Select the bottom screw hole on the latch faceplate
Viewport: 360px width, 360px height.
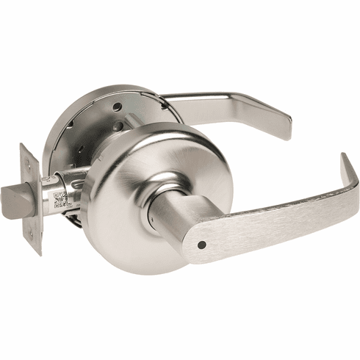(x=32, y=234)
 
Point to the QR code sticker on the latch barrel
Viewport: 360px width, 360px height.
(x=61, y=198)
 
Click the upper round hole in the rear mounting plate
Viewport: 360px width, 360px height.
(x=118, y=108)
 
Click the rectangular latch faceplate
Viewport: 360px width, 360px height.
(x=29, y=197)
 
